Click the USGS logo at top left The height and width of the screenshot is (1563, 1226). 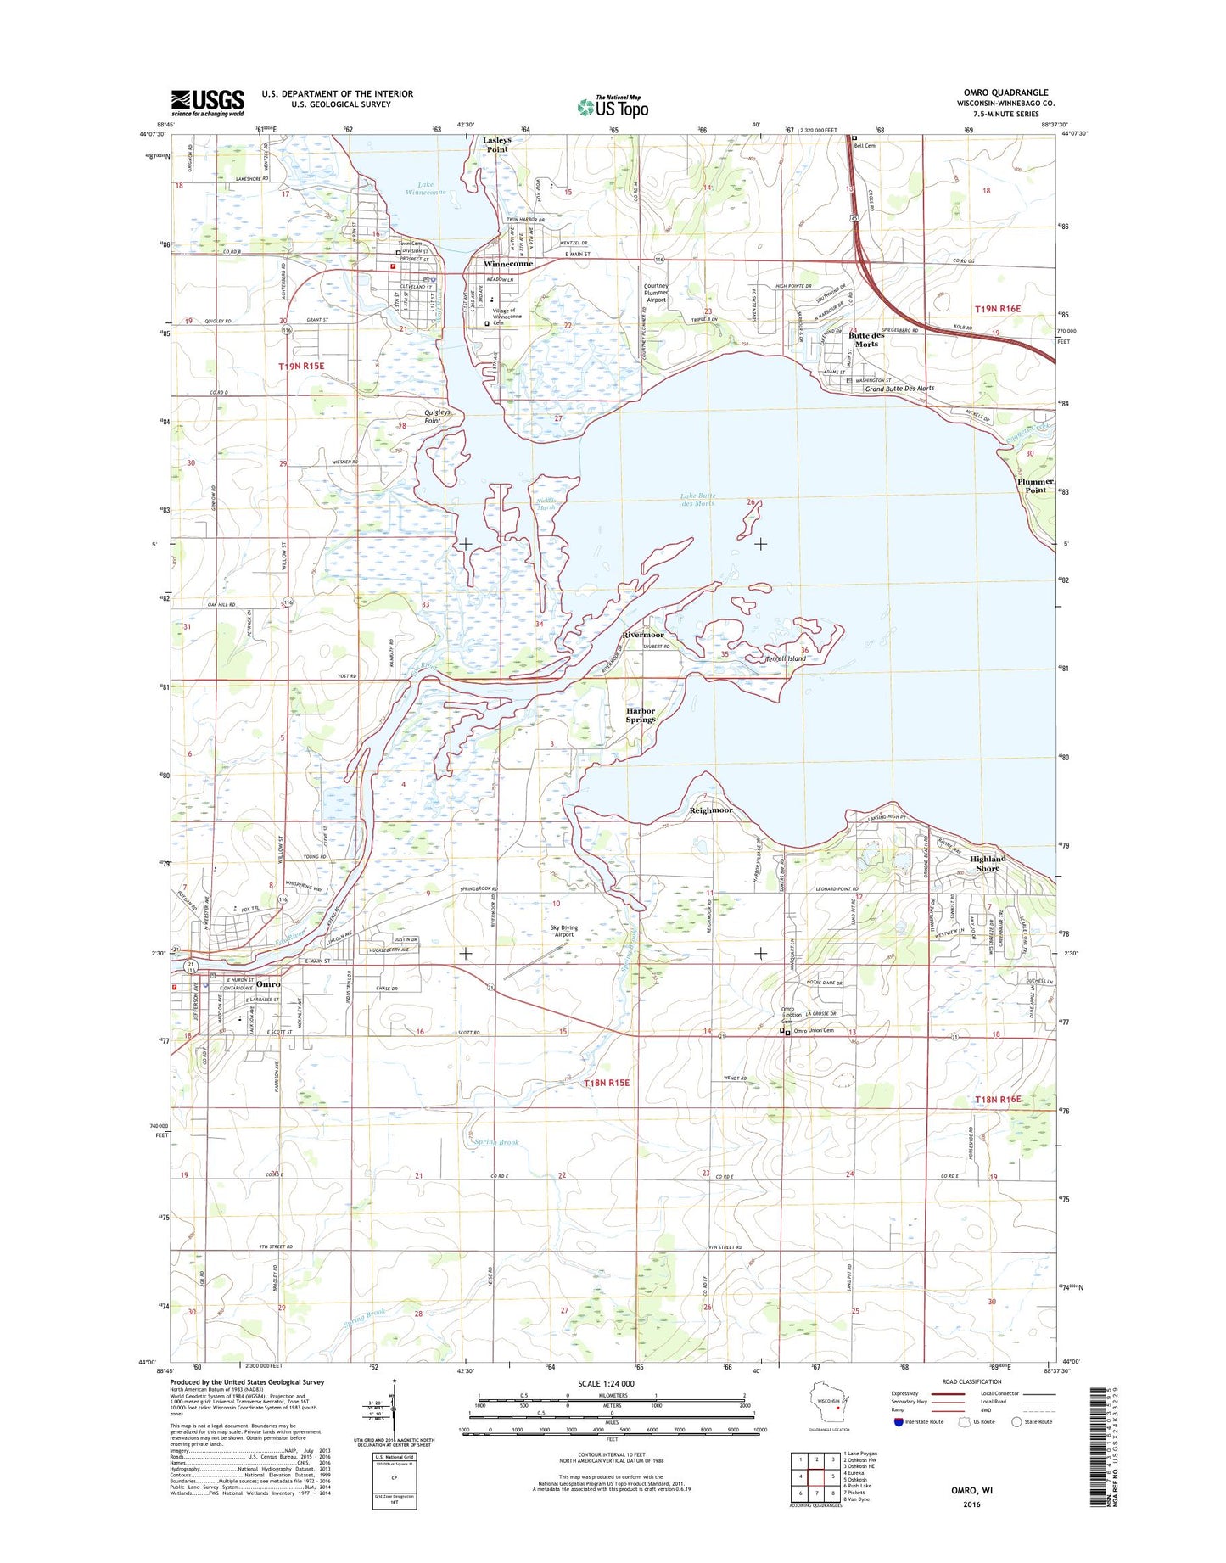click(207, 103)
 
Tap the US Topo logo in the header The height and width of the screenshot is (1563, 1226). click(613, 107)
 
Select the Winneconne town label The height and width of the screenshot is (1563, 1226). click(508, 264)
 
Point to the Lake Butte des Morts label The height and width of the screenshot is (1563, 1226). click(697, 500)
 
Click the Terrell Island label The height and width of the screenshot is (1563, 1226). click(786, 658)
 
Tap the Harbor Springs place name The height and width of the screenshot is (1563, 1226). click(641, 715)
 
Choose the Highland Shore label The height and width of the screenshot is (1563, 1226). click(988, 863)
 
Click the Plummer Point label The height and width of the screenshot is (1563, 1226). click(1035, 485)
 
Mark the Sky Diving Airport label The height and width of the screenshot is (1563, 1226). click(563, 932)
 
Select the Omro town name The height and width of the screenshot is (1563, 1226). click(268, 984)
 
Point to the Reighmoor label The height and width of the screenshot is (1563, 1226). click(711, 810)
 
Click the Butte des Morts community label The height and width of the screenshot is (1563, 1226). click(866, 339)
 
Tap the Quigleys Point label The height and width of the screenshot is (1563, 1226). click(432, 416)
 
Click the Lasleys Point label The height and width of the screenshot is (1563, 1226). click(497, 144)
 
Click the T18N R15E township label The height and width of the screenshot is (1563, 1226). click(607, 1084)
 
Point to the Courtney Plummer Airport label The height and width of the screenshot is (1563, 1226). click(656, 293)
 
